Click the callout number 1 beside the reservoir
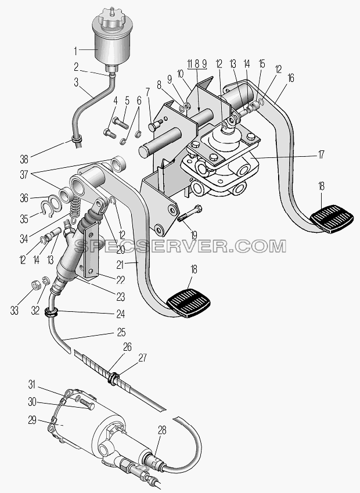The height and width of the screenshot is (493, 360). (x=75, y=51)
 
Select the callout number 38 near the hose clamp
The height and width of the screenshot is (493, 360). (x=24, y=159)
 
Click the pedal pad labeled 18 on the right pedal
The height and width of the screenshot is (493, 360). (x=332, y=219)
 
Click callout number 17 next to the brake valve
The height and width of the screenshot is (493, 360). (x=321, y=154)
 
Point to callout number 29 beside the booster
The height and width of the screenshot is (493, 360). (x=33, y=420)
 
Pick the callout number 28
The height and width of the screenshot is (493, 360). (x=162, y=430)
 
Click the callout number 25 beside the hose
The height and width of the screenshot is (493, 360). (x=121, y=332)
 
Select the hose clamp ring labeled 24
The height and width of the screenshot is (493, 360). (x=52, y=312)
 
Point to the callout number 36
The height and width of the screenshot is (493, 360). (x=24, y=199)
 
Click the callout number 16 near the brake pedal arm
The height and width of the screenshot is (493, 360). (x=291, y=78)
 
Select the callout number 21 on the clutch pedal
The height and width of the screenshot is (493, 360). (x=120, y=265)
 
